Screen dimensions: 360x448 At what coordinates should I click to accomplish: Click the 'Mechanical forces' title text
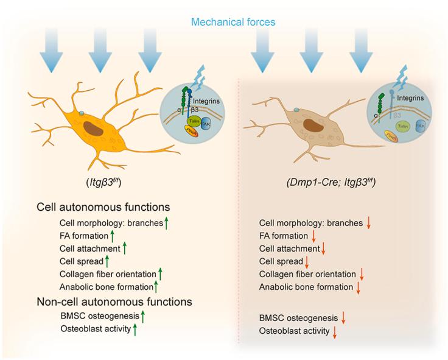point(233,23)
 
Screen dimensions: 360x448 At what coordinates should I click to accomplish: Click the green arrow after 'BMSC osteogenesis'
point(143,316)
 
